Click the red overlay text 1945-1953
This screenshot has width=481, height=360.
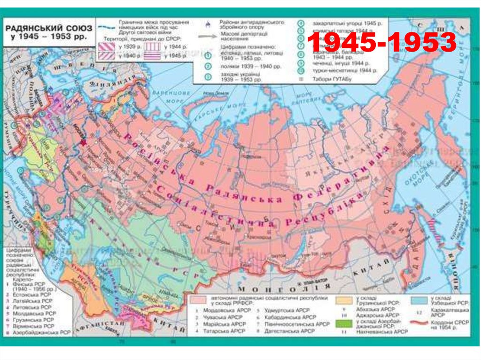(381, 43)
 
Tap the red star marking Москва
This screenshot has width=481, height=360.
(84, 142)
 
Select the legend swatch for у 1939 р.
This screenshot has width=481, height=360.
(108, 46)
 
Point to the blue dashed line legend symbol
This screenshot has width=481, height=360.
(108, 27)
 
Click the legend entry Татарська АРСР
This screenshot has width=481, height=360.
(224, 331)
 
